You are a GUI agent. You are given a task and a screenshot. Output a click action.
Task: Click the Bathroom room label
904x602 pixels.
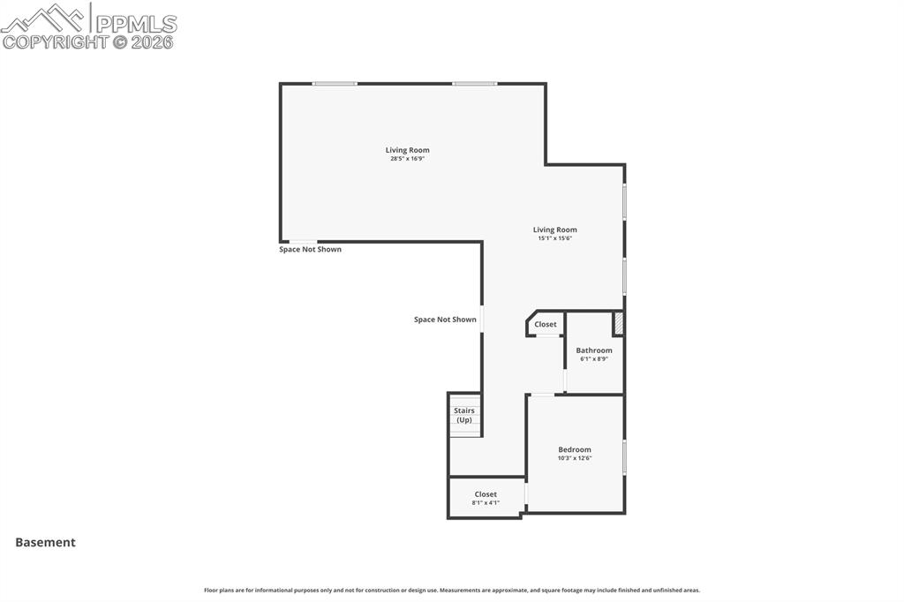(594, 350)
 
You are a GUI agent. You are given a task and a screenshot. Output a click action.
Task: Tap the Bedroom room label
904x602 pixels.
(574, 449)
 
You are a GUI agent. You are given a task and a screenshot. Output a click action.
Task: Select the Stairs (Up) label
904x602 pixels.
(464, 415)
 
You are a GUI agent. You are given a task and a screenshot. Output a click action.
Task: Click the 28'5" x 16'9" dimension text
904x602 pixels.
(407, 159)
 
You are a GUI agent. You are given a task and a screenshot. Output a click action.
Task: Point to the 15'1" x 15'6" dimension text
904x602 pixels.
(554, 238)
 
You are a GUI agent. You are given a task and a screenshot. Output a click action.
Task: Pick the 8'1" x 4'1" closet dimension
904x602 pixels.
(486, 503)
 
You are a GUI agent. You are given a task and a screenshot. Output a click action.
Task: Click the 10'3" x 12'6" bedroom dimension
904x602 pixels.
(574, 458)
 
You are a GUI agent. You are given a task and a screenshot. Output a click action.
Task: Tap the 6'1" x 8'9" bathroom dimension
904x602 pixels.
(594, 359)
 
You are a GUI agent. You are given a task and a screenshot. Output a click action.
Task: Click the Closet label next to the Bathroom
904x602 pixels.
(546, 324)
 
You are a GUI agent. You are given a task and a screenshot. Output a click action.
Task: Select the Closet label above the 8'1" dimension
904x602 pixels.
(486, 494)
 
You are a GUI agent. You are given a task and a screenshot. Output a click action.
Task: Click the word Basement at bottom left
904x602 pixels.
(45, 543)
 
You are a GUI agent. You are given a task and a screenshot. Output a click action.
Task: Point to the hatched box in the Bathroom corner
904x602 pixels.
(619, 323)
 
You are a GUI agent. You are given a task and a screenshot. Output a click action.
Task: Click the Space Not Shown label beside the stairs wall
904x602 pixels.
(445, 320)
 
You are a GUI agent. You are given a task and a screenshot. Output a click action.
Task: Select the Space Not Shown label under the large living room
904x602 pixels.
(310, 249)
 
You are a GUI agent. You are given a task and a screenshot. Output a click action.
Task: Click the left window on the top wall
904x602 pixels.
(335, 84)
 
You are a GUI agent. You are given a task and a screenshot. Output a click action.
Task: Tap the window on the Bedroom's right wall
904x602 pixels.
(624, 456)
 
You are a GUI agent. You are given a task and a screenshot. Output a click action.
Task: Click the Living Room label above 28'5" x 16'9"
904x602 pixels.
(407, 150)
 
